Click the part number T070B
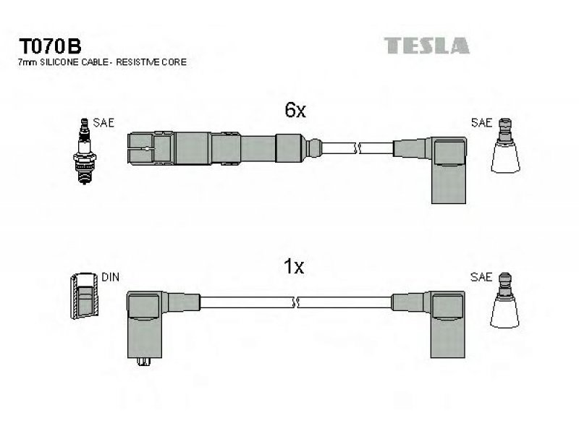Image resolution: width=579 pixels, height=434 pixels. click(x=50, y=46)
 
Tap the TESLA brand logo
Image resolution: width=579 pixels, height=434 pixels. click(x=427, y=46)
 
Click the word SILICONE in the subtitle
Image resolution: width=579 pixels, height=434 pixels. click(x=59, y=62)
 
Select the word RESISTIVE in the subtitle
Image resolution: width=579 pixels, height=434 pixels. click(x=138, y=62)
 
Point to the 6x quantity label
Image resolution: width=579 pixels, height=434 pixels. click(x=295, y=110)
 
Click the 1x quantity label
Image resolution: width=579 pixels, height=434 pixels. click(x=294, y=266)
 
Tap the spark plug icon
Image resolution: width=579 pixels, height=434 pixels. click(x=85, y=151)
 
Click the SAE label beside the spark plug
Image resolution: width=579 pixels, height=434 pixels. click(x=103, y=122)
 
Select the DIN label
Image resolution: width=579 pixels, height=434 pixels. click(x=110, y=277)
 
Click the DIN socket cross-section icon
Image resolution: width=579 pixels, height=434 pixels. click(x=85, y=296)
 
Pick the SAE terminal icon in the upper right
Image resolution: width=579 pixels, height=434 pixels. click(x=505, y=145)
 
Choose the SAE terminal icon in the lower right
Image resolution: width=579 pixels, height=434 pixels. click(x=504, y=300)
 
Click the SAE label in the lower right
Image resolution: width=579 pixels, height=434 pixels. click(x=481, y=277)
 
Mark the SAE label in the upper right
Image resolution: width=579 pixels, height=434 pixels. click(x=482, y=122)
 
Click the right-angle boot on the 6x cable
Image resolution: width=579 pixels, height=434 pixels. click(x=448, y=171)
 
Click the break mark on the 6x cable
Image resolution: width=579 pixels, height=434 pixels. click(x=357, y=148)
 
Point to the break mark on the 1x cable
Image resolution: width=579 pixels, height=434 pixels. click(x=295, y=302)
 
